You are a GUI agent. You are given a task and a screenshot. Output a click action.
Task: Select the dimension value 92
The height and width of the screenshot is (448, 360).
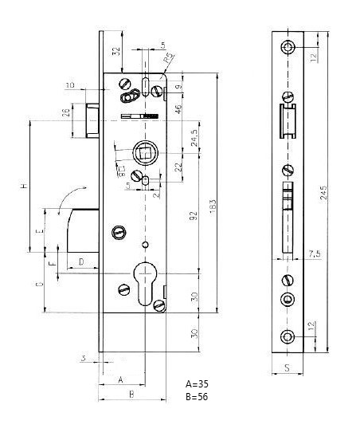tap(194, 216)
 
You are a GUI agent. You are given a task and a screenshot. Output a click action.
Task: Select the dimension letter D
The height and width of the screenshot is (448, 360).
tap(81, 261)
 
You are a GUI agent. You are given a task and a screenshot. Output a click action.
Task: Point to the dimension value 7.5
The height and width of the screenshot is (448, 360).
tap(316, 253)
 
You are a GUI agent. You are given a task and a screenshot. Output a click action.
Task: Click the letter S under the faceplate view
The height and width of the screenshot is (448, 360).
tap(287, 369)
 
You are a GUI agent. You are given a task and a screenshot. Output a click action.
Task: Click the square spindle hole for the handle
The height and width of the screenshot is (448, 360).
tap(144, 150)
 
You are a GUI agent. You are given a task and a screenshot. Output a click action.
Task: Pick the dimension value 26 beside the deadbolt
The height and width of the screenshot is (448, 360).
tap(65, 113)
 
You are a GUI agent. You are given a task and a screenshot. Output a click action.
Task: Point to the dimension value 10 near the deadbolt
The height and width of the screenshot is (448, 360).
tap(70, 84)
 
